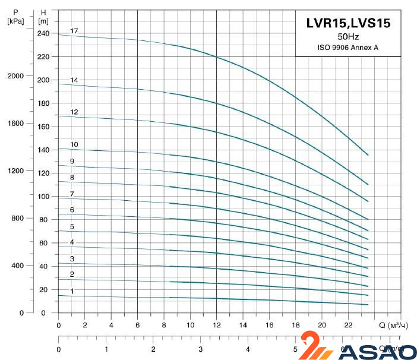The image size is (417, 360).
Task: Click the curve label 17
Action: (74, 31)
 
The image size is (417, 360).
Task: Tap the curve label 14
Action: (74, 80)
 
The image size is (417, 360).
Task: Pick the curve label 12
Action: (74, 112)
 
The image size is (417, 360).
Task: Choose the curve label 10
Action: (74, 145)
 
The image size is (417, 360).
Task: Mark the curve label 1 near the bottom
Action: (72, 292)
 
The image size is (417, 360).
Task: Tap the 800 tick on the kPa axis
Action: (18, 219)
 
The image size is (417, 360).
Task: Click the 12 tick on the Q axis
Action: (216, 325)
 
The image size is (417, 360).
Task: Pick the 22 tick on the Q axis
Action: (348, 325)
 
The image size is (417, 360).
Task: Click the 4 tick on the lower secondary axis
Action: (248, 349)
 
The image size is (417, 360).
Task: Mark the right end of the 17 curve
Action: (368, 155)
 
